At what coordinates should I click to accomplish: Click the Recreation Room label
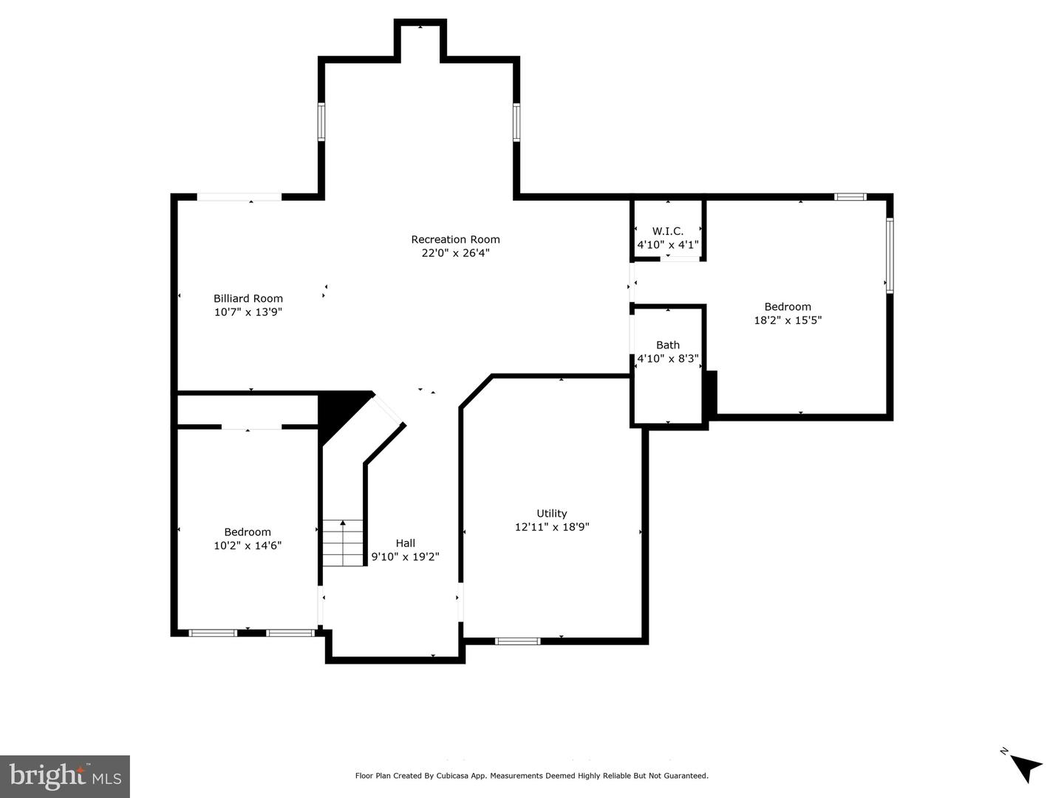[x=455, y=239]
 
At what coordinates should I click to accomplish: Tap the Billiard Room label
[x=248, y=298]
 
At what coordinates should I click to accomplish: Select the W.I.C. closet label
[x=667, y=231]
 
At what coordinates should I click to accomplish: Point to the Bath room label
[x=667, y=345]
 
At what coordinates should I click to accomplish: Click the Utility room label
[x=552, y=513]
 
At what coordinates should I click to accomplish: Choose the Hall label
[x=405, y=543]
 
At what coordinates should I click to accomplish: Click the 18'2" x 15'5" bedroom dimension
[x=788, y=320]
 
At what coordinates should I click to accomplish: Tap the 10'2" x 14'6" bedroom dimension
[x=248, y=546]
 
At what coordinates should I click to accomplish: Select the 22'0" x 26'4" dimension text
[x=455, y=252]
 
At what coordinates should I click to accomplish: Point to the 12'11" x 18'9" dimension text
[x=552, y=527]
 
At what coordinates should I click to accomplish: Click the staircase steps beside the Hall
[x=343, y=543]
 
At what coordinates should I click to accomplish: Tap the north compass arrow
[x=1026, y=774]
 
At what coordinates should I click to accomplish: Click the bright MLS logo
[x=65, y=776]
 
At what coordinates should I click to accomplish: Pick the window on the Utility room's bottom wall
[x=517, y=641]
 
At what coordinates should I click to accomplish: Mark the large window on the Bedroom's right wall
[x=890, y=255]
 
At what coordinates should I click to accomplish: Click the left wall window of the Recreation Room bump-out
[x=321, y=122]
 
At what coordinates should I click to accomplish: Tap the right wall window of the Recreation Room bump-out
[x=516, y=122]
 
